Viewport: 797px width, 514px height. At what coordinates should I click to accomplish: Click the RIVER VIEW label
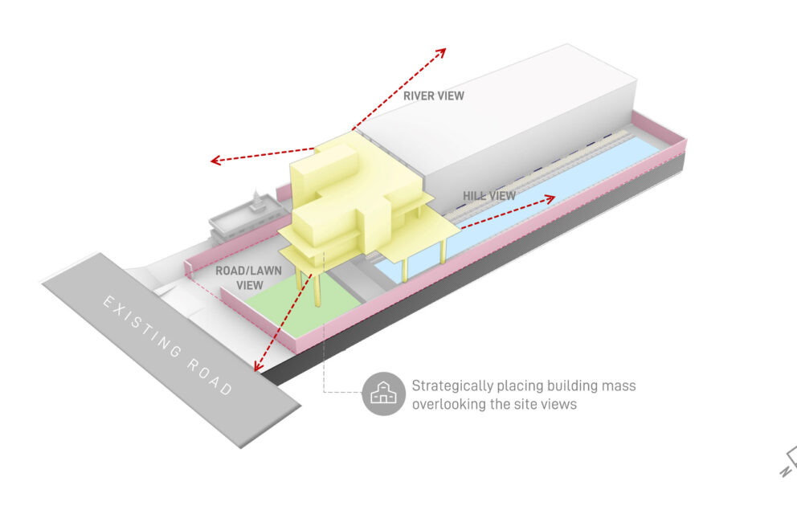pyautogui.click(x=434, y=96)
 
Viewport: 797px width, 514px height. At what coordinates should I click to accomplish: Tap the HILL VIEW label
pyautogui.click(x=488, y=195)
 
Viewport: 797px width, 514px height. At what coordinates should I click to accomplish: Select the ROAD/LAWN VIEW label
pyautogui.click(x=249, y=278)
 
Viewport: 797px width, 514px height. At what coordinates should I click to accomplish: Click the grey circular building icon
pyautogui.click(x=382, y=394)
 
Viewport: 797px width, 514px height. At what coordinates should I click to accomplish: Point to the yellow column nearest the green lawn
pyautogui.click(x=319, y=290)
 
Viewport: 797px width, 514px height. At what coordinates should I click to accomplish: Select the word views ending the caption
pyautogui.click(x=560, y=404)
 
